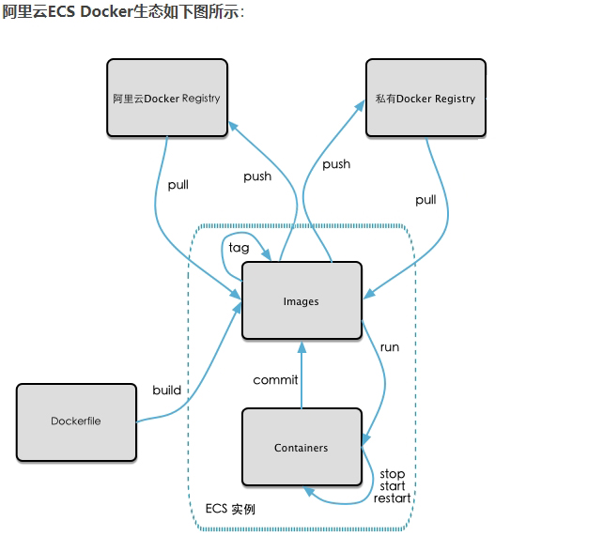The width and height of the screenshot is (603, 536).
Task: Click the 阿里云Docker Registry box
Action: pos(166,98)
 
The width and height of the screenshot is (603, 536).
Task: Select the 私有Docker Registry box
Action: pos(425,98)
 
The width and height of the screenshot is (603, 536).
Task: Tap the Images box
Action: pos(301,301)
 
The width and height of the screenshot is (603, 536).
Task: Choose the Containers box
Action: pos(301,448)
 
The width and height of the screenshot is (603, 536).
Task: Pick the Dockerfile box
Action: pos(76,421)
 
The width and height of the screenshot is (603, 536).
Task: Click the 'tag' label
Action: pos(239,248)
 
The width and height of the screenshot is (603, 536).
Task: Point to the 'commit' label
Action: pos(275,380)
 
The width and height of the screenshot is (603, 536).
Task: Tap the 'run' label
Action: pos(389,347)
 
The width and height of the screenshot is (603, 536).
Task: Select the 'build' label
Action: pos(166,391)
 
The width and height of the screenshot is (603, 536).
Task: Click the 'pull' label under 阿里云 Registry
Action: pos(178,185)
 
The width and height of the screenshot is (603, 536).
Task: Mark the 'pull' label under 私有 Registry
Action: pos(425,200)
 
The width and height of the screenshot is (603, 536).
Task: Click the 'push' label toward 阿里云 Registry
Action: pos(257,176)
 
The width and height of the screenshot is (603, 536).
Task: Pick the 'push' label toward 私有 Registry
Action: pos(336,164)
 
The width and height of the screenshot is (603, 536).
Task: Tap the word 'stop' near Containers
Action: pos(392,474)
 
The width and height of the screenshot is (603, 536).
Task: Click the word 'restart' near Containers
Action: pos(392,498)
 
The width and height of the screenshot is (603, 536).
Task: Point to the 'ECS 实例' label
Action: pos(230,510)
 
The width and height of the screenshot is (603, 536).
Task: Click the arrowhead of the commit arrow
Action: pos(301,346)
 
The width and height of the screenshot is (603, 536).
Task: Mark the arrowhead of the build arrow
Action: pos(237,304)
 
